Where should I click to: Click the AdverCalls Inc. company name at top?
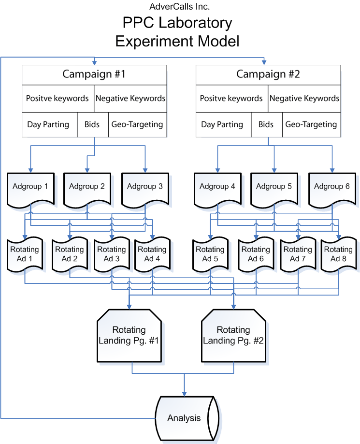click(180, 7)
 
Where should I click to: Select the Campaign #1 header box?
click(94, 74)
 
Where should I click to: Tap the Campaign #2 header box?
click(268, 74)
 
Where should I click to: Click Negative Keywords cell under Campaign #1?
click(130, 98)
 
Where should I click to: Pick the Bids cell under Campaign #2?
click(266, 124)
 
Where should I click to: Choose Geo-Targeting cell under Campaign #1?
click(137, 124)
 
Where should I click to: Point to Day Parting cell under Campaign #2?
click(222, 124)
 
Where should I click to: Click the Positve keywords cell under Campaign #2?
click(231, 98)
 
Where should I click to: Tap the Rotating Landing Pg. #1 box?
click(129, 335)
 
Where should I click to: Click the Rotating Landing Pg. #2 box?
click(233, 335)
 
